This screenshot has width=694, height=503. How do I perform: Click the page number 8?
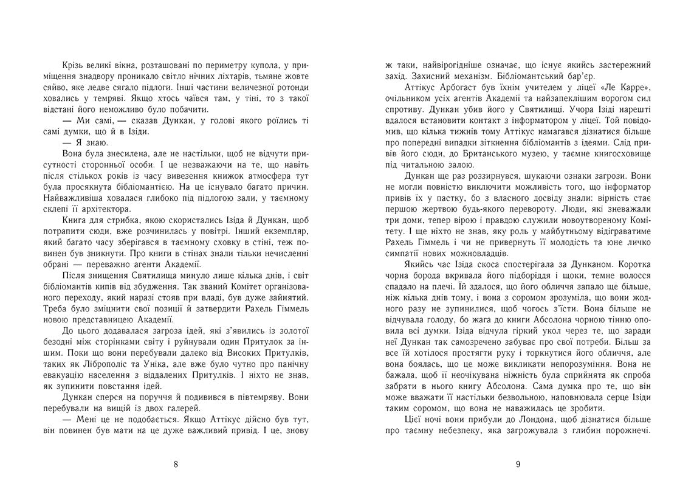tap(176, 465)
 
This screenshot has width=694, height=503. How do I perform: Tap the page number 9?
tap(518, 465)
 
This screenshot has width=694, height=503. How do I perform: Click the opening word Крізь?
tap(74, 64)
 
